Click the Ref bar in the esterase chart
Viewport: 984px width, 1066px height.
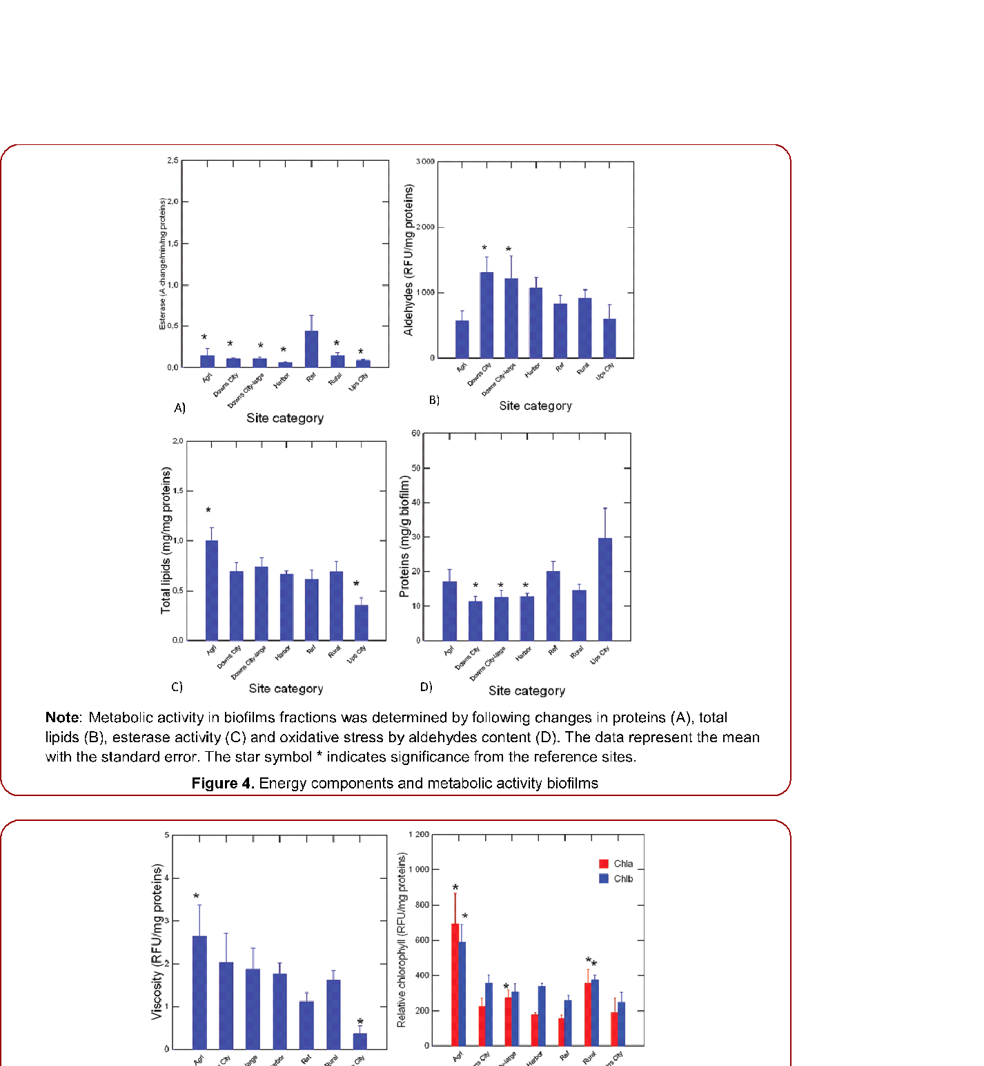311,349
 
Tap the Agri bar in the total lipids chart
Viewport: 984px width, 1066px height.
212,590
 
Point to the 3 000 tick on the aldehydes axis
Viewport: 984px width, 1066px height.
425,162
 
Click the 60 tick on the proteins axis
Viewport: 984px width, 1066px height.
415,434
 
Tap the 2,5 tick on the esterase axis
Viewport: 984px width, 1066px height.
173,160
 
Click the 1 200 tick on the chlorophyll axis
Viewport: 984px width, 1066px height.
419,835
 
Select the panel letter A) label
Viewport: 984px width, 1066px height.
179,408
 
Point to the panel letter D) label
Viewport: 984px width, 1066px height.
426,687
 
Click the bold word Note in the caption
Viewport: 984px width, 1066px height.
62,718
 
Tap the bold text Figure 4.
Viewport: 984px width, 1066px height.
223,784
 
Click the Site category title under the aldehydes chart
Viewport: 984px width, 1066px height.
535,406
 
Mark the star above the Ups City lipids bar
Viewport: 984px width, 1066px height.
356,585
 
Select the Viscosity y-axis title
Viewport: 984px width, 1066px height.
157,942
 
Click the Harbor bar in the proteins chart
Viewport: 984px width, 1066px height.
527,618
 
